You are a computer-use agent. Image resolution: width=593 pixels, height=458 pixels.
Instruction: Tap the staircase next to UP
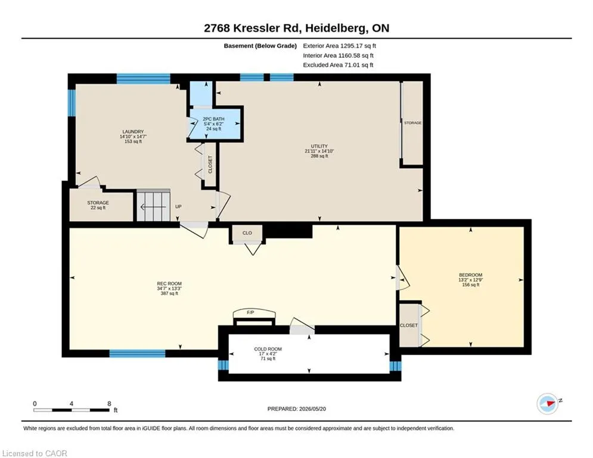(x=153, y=205)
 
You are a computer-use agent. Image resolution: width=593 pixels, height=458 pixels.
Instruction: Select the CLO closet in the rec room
(x=247, y=233)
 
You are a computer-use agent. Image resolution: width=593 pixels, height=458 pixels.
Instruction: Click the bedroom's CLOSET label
(x=409, y=325)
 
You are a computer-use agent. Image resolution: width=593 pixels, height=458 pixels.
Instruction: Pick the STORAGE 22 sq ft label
(x=98, y=205)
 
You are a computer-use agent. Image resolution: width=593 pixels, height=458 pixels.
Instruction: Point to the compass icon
(x=548, y=404)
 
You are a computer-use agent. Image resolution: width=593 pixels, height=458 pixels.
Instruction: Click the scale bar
(x=72, y=410)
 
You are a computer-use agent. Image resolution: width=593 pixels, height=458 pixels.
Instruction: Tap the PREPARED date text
(x=297, y=409)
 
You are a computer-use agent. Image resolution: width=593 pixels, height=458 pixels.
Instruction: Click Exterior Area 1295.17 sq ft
(x=339, y=46)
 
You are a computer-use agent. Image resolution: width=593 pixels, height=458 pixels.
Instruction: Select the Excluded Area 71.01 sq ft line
(x=338, y=65)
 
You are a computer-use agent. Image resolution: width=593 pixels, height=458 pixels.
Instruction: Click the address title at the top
(x=297, y=28)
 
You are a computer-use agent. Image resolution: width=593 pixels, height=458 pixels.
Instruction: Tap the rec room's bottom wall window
(x=137, y=354)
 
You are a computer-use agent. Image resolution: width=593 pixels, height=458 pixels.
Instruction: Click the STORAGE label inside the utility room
(x=412, y=123)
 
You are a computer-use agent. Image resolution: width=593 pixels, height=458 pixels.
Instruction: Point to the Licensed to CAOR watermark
(x=35, y=453)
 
